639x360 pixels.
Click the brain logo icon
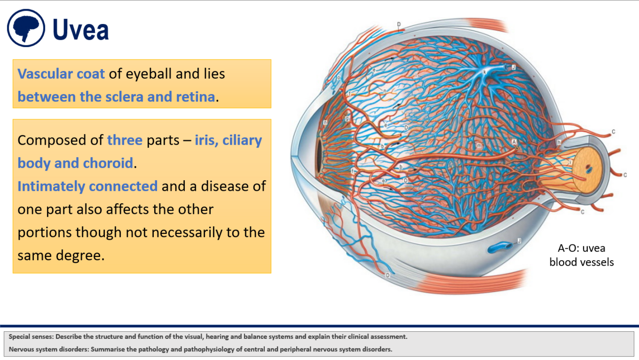pyautogui.click(x=26, y=28)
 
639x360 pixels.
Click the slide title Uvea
pyautogui.click(x=80, y=30)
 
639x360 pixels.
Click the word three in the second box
pyautogui.click(x=125, y=140)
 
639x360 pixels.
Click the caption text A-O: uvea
pyautogui.click(x=581, y=248)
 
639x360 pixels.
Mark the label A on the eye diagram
pyautogui.click(x=514, y=142)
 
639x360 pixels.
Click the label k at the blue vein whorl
pyautogui.click(x=485, y=72)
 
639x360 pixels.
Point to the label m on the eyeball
pyautogui.click(x=479, y=145)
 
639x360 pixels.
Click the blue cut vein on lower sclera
pyautogui.click(x=500, y=247)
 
